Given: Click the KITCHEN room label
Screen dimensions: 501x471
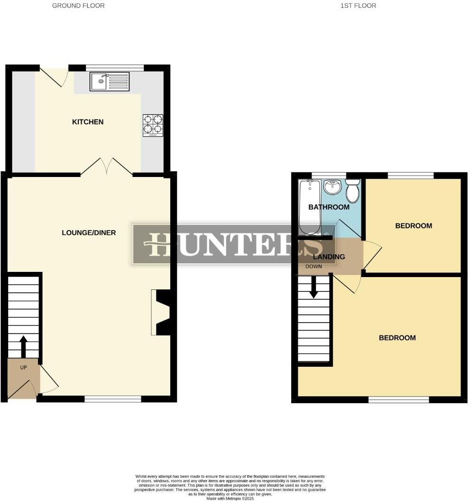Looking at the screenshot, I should point(87,122).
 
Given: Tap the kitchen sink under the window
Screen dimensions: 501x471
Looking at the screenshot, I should point(110,81).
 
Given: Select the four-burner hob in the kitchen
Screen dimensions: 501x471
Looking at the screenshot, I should point(153,125).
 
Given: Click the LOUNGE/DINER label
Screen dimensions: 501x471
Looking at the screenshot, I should point(89,232).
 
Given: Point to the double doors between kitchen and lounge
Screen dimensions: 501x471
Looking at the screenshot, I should point(107,167).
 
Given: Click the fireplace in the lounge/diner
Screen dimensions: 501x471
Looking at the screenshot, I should point(160,313).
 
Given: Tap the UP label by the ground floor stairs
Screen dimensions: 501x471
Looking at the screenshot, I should point(23,367).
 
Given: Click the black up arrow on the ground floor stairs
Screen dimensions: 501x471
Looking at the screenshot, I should point(23,346).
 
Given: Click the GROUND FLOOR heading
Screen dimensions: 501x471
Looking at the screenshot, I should point(78,6).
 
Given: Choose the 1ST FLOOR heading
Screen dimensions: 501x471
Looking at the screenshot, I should point(358,6).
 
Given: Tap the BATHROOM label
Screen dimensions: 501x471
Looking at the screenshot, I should point(329,207).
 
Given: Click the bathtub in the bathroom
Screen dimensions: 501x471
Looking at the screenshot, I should point(310,207).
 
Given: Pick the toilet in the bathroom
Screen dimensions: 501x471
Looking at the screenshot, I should point(352,191).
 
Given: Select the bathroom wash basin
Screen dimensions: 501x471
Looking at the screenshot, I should point(333,186).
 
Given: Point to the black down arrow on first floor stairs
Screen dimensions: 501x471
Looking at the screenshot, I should point(313,288).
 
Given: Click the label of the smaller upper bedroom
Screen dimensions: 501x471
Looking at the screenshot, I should point(414,226).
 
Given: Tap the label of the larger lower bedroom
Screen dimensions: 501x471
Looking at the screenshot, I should point(397,338).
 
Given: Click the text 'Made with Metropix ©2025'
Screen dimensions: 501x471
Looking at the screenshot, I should point(231,498).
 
